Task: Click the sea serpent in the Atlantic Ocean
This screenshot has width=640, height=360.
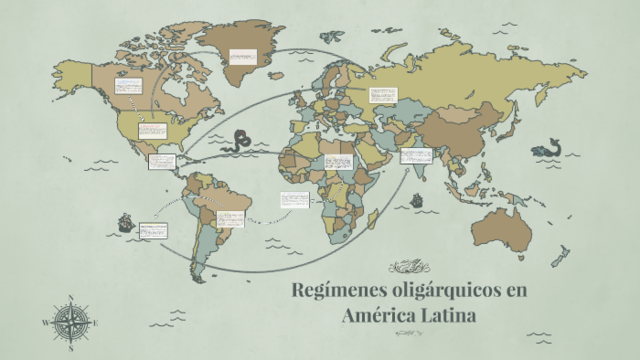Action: click(240, 142)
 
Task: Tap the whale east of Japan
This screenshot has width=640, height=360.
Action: click(546, 147)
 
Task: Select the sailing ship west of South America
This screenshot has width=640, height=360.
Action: click(125, 221)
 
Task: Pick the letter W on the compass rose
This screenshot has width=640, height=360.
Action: click(45, 323)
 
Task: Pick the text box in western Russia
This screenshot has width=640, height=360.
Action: click(383, 97)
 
